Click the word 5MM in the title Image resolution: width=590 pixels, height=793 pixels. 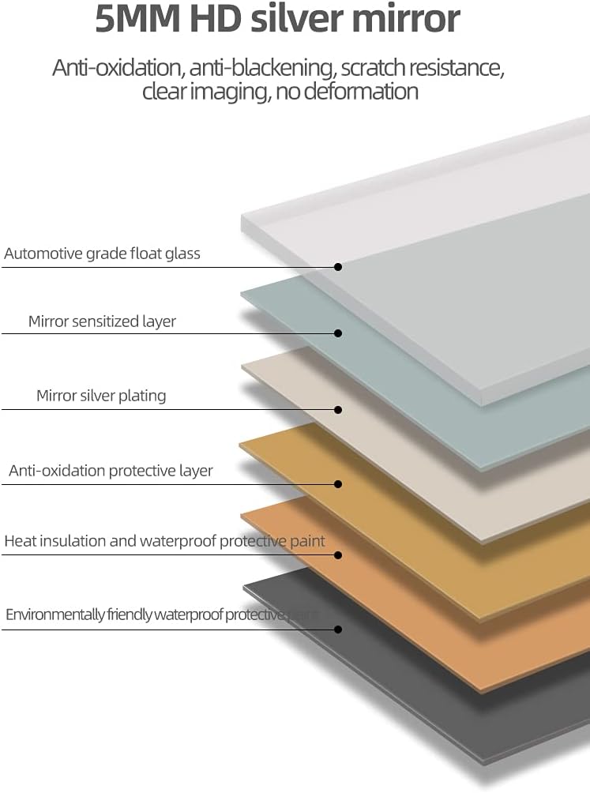(x=133, y=19)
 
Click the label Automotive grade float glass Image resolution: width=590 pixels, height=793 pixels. (x=102, y=254)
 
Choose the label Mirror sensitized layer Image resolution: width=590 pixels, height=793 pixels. (x=102, y=321)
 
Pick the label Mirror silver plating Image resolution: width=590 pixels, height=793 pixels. (x=101, y=396)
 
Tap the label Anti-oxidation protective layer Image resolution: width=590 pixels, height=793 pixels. (x=111, y=471)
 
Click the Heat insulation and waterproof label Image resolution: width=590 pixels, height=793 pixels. (x=164, y=541)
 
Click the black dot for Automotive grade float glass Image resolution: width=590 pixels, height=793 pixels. (x=338, y=267)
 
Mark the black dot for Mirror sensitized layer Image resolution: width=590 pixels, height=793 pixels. (x=338, y=333)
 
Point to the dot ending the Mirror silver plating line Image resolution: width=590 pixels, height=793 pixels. (x=338, y=409)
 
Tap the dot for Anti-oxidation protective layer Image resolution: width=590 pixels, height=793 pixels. (x=338, y=483)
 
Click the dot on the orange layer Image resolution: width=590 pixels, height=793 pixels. (x=338, y=554)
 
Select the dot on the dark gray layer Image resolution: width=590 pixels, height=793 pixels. (x=338, y=630)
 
